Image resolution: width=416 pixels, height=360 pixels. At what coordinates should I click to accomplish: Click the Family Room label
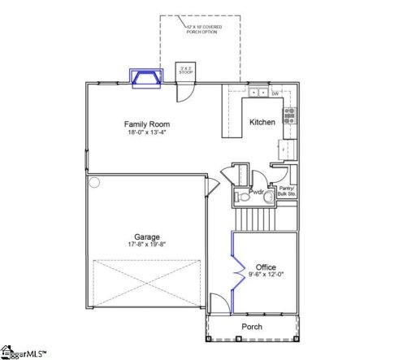146,124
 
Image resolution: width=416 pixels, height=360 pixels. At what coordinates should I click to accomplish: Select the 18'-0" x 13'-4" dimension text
146,134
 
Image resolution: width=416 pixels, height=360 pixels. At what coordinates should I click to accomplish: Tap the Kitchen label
262,122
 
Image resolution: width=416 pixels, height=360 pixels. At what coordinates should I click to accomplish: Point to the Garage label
147,237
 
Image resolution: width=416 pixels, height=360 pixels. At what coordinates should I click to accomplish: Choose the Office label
266,267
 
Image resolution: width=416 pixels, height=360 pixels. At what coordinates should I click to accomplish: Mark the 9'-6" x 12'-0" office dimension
266,275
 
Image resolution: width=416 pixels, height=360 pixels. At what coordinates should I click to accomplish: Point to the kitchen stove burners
290,115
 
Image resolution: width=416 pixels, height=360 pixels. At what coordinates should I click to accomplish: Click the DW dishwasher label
275,94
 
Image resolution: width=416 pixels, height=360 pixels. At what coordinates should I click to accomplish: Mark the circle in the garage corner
94,183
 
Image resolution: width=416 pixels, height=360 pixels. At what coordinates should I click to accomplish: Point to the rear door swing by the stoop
186,92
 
